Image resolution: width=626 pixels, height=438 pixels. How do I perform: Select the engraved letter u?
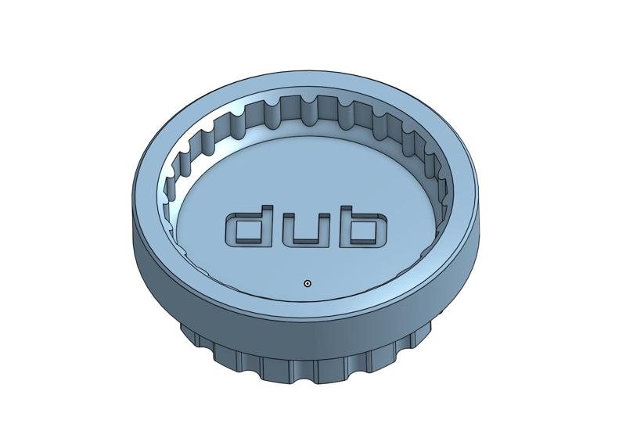pos(307,242)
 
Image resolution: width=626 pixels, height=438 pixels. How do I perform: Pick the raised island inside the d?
pos(248,231)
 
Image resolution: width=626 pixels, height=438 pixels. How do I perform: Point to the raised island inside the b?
pos(365,231)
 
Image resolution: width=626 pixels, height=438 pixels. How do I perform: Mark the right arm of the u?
pos(326,230)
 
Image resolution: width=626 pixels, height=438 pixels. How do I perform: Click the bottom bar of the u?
pos(307,242)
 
